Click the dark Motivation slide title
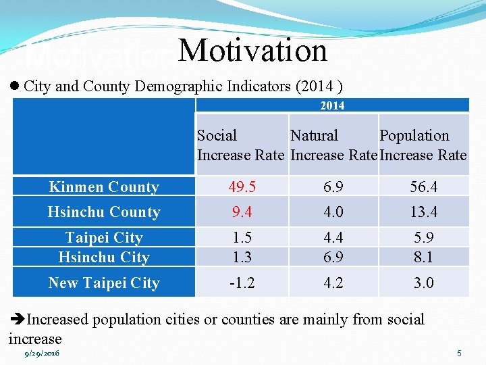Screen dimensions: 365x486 coord(253,51)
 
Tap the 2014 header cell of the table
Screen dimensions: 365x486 coord(332,105)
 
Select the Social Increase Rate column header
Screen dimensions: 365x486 coord(241,145)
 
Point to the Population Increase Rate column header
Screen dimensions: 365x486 coord(423,145)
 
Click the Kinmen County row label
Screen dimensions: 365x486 coord(104,187)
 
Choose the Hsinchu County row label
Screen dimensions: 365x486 coord(104,212)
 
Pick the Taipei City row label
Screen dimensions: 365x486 coord(104,238)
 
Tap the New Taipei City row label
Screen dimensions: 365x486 coord(104,283)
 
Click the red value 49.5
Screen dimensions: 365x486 coord(242,187)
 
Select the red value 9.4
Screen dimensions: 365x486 coord(242,212)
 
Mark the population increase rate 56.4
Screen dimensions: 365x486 coord(424,187)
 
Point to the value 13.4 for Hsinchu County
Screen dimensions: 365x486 coord(424,212)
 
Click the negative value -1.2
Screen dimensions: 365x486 coord(242,283)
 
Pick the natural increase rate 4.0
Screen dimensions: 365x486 coord(333,212)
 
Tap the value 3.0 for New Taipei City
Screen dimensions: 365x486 coord(424,283)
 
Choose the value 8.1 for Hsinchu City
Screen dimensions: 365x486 coord(424,257)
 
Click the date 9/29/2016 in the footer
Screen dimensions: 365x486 coord(42,354)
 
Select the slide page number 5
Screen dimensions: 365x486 coord(459,354)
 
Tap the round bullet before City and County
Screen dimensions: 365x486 coord(15,87)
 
